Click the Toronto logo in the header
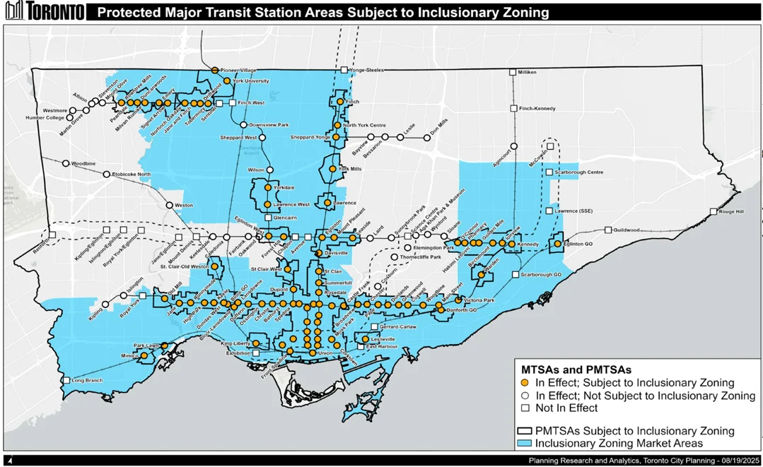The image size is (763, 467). pos(44,12)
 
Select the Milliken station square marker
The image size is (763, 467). pos(513,72)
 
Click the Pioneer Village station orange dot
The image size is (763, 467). pos(214,70)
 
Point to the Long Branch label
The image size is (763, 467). pos(88,381)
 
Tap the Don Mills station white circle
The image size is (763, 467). pos(427,138)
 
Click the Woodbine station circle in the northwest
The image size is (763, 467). pos(66,163)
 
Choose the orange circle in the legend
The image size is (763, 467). pos(525,383)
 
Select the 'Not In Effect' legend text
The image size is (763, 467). pos(567,408)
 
